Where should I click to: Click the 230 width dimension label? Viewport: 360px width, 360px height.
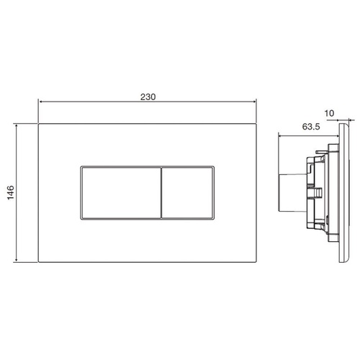[148, 97]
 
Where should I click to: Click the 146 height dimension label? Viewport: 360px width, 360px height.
[11, 192]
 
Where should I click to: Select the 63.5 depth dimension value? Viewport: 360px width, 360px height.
[311, 127]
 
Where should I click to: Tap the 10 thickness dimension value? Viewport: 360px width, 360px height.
[329, 113]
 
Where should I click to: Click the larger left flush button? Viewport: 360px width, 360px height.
[121, 193]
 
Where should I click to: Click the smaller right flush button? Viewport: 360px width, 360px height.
[187, 193]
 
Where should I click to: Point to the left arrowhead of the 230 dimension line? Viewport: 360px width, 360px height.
[40, 102]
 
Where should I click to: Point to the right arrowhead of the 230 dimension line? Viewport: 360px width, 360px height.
[255, 102]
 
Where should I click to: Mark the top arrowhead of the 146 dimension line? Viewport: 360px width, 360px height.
[16, 126]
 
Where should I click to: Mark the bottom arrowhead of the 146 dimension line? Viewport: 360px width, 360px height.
[16, 260]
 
